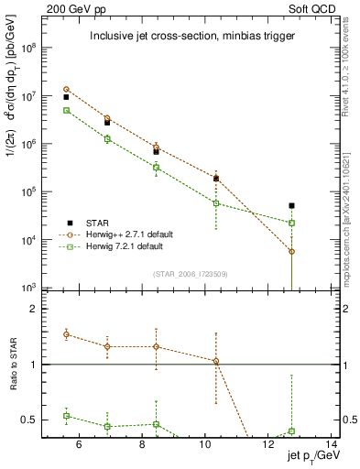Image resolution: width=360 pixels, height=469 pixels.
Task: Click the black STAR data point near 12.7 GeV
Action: [x=291, y=206]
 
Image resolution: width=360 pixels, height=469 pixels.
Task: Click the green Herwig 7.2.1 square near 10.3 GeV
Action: [x=216, y=203]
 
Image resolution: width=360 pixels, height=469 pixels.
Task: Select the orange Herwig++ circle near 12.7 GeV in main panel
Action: [x=291, y=251]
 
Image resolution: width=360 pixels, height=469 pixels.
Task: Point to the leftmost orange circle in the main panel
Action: [x=66, y=90]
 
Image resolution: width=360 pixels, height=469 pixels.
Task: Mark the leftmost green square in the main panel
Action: [x=66, y=110]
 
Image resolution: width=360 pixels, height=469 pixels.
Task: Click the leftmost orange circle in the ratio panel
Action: [x=66, y=334]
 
